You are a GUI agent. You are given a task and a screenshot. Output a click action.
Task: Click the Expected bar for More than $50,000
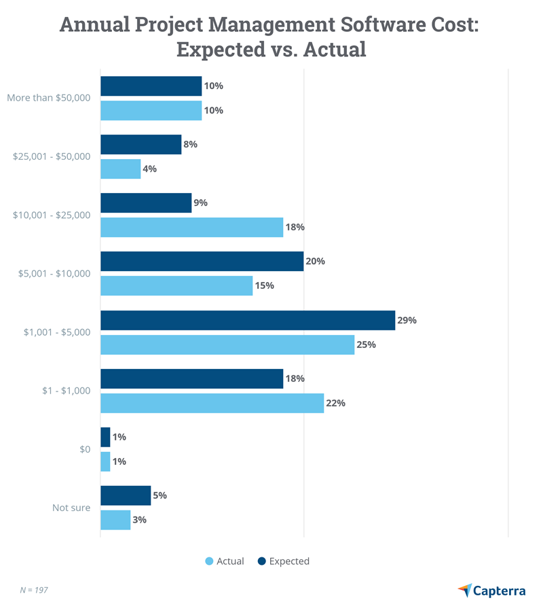coord(151,86)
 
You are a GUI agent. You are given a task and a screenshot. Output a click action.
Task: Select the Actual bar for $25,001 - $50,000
coord(120,169)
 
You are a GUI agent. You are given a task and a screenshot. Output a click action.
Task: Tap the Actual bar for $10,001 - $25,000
coord(191,228)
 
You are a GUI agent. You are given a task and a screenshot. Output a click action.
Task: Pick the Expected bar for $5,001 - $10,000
coord(202,262)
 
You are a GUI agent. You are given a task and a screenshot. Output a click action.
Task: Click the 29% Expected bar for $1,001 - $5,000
coord(248,320)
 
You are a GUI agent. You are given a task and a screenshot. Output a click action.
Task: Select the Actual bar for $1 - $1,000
coord(212,403)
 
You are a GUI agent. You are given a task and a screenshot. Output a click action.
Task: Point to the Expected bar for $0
coord(105,437)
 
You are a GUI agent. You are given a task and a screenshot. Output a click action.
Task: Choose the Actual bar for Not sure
coord(115,520)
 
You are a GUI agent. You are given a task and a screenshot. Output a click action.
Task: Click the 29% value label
coord(407,320)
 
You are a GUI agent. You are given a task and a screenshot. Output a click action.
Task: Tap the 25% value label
coord(367,345)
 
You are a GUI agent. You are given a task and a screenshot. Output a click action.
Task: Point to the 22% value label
coord(336,403)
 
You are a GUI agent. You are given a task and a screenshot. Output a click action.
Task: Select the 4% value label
coord(149,169)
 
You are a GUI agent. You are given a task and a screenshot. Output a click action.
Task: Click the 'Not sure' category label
coord(71,508)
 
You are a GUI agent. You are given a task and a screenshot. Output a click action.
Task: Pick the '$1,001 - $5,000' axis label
coord(57,332)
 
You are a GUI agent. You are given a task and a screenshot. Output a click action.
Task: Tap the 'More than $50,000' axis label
coord(49,98)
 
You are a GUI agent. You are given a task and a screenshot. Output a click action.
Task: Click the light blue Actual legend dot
coord(209,561)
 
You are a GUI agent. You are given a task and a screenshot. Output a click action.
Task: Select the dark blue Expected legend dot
coord(262,561)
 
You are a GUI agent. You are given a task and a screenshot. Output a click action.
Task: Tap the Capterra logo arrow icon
coord(465,590)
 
